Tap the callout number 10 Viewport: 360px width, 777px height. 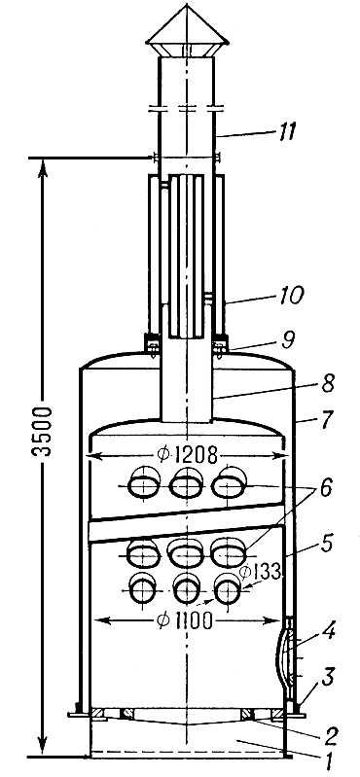[290, 297]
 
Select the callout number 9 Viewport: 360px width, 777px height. [288, 340]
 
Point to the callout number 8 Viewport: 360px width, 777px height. [328, 385]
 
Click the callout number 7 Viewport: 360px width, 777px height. [327, 422]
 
